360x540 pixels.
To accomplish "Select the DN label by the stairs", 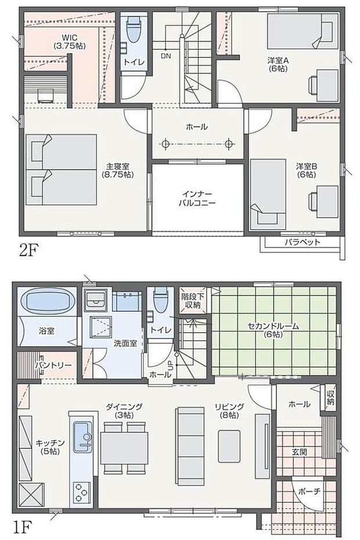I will coord(165,56).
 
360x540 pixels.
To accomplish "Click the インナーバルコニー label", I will coord(197,199).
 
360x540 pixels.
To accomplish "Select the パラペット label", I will coord(302,242).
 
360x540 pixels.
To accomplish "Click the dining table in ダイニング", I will coord(124,447).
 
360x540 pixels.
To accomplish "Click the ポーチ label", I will coord(308,491).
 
